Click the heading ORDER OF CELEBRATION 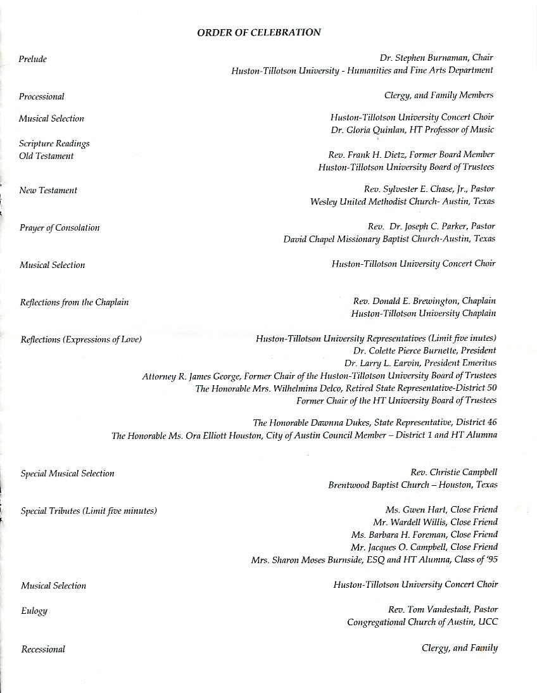pyautogui.click(x=259, y=32)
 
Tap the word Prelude pyautogui.click(x=33, y=59)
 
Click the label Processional pyautogui.click(x=42, y=96)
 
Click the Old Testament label pyautogui.click(x=46, y=156)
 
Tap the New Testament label pyautogui.click(x=48, y=190)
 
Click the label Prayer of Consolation pyautogui.click(x=60, y=227)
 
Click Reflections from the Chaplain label pyautogui.click(x=75, y=302)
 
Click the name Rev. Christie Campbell pyautogui.click(x=454, y=473)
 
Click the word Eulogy pyautogui.click(x=34, y=611)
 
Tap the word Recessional pyautogui.click(x=43, y=649)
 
